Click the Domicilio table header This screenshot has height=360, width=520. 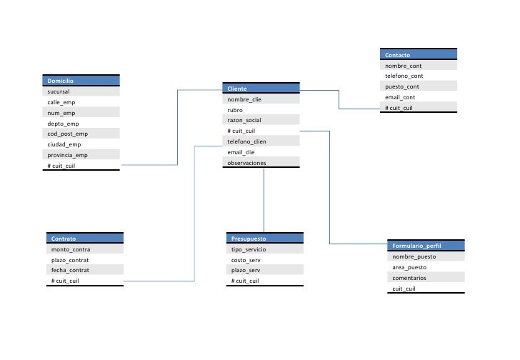click(x=81, y=81)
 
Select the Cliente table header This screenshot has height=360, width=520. click(x=260, y=89)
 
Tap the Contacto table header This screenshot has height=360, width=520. click(x=419, y=54)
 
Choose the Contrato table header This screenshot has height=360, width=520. click(x=85, y=239)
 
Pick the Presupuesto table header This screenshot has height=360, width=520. click(x=264, y=239)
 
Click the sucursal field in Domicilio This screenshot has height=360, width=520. click(x=81, y=91)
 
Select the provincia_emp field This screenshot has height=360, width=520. click(x=81, y=155)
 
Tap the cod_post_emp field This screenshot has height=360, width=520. click(x=81, y=134)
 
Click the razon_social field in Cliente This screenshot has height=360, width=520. click(x=260, y=121)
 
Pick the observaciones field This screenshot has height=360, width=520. click(x=260, y=163)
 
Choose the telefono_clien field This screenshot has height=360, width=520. click(x=260, y=141)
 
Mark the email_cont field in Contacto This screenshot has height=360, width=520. click(x=419, y=97)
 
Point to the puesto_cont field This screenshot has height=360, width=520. click(x=419, y=86)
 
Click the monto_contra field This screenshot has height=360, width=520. click(x=85, y=249)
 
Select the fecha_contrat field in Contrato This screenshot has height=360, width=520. click(x=85, y=271)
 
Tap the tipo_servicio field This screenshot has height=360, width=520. click(x=264, y=249)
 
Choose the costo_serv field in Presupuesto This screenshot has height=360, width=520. click(x=264, y=260)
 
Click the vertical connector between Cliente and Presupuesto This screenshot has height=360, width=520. click(x=264, y=200)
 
